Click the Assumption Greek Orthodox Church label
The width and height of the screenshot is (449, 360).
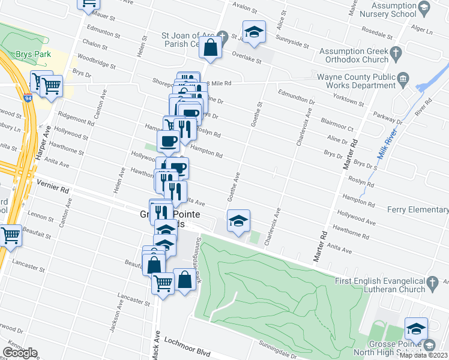[354, 55]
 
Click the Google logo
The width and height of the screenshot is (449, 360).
[19, 353]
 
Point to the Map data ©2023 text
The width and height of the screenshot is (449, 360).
[423, 355]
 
